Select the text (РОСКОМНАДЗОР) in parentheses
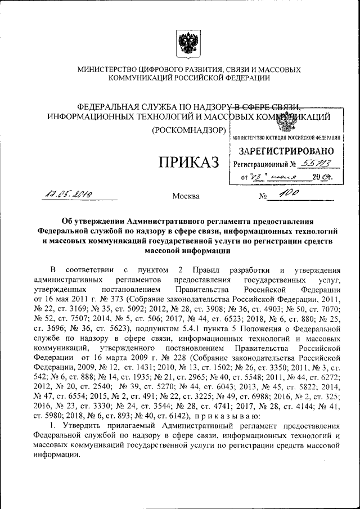(x=189, y=131)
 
